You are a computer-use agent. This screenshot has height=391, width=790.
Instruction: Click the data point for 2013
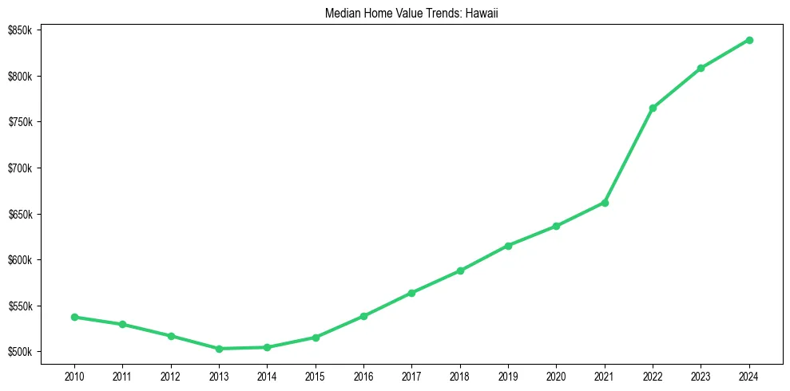[219, 349]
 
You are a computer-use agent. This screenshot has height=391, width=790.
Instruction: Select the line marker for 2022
[653, 108]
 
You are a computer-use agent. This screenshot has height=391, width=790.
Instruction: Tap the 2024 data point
[749, 40]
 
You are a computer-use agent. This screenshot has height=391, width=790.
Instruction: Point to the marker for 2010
[74, 317]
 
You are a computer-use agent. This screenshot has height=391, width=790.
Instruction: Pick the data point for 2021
[605, 203]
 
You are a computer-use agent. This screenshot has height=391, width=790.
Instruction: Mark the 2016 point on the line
[363, 316]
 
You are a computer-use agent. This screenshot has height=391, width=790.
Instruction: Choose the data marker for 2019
[508, 246]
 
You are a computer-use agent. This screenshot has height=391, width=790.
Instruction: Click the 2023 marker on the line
[701, 68]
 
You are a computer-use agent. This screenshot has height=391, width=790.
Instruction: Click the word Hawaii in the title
[482, 14]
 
